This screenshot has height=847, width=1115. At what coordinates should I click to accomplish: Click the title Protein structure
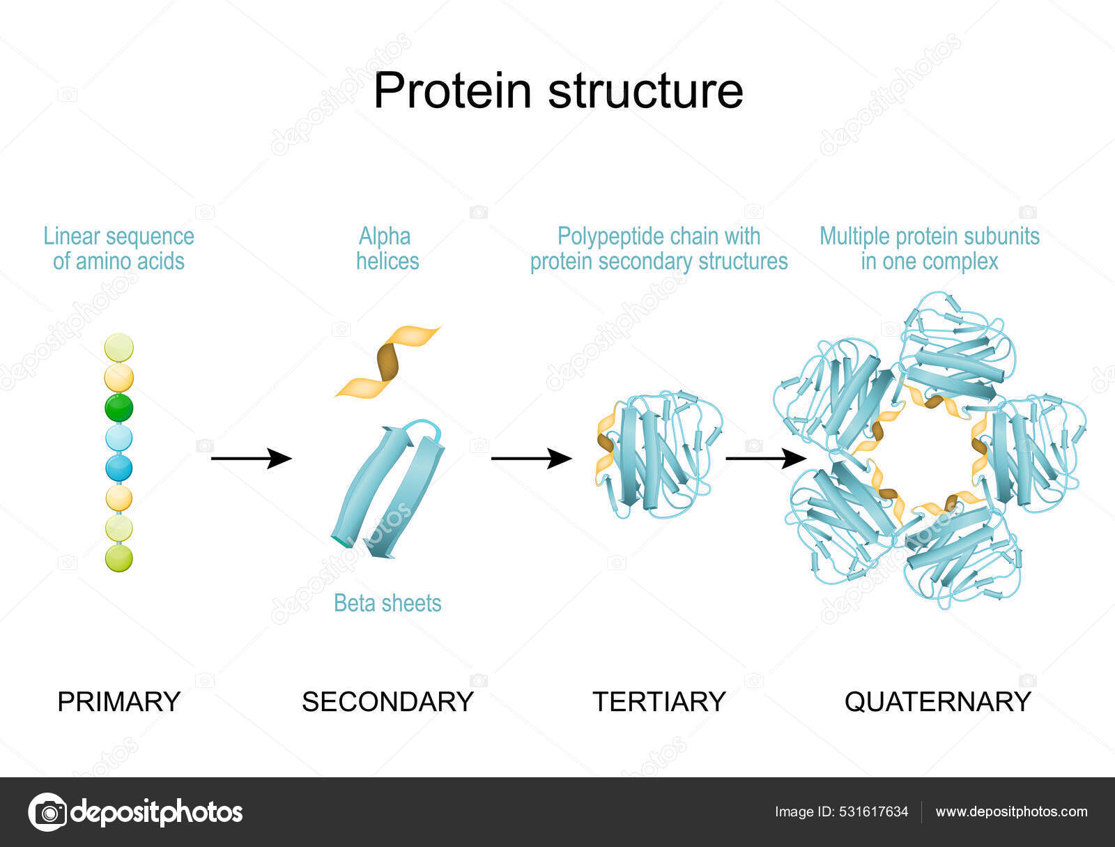pyautogui.click(x=558, y=91)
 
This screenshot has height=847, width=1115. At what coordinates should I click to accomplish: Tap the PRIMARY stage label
pyautogui.click(x=118, y=701)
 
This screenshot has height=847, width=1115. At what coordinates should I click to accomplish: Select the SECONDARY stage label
pyautogui.click(x=387, y=701)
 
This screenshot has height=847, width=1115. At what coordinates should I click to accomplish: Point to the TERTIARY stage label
pyautogui.click(x=659, y=701)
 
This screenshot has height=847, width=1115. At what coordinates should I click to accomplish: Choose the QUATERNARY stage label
pyautogui.click(x=937, y=701)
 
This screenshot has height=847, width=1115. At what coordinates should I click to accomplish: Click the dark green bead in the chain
pyautogui.click(x=119, y=408)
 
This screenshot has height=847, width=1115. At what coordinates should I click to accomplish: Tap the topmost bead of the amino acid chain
pyautogui.click(x=119, y=348)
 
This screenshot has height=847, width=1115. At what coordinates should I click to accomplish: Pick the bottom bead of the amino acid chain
pyautogui.click(x=119, y=558)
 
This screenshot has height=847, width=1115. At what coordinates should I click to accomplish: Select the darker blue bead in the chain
pyautogui.click(x=119, y=468)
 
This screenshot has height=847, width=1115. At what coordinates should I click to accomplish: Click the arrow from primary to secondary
pyautogui.click(x=251, y=459)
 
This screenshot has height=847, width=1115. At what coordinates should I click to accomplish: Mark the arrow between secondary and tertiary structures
pyautogui.click(x=531, y=459)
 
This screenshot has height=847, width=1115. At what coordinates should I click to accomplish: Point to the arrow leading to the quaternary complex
pyautogui.click(x=765, y=459)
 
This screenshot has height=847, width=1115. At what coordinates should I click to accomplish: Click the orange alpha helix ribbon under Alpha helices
pyautogui.click(x=387, y=361)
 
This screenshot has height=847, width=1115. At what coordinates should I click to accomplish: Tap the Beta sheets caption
pyautogui.click(x=387, y=603)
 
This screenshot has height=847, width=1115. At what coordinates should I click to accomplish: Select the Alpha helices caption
pyautogui.click(x=387, y=249)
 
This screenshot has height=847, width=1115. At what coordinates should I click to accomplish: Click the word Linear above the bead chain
pyautogui.click(x=62, y=237)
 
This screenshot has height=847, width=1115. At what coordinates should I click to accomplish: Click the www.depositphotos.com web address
pyautogui.click(x=1011, y=811)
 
